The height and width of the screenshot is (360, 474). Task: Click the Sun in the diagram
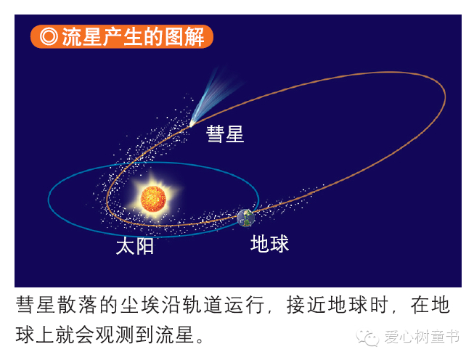click(154, 199)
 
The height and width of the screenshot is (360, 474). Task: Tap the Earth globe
click(246, 218)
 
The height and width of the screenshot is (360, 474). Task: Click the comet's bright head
click(192, 123)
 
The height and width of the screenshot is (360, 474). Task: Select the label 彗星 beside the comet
click(225, 134)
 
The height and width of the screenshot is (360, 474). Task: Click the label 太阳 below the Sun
click(135, 246)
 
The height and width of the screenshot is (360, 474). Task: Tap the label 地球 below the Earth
click(269, 244)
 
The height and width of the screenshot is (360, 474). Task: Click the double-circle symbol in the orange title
click(49, 36)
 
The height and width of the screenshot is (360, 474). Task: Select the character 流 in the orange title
click(72, 36)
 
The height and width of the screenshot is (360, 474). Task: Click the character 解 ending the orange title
click(195, 36)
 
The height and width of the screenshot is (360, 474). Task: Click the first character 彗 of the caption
click(25, 305)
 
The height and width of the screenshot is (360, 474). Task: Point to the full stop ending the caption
click(200, 340)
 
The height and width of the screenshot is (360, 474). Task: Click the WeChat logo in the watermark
click(367, 337)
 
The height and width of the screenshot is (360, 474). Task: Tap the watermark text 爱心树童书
click(422, 337)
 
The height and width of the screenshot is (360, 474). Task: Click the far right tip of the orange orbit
click(445, 96)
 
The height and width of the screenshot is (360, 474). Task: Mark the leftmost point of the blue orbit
click(49, 199)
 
